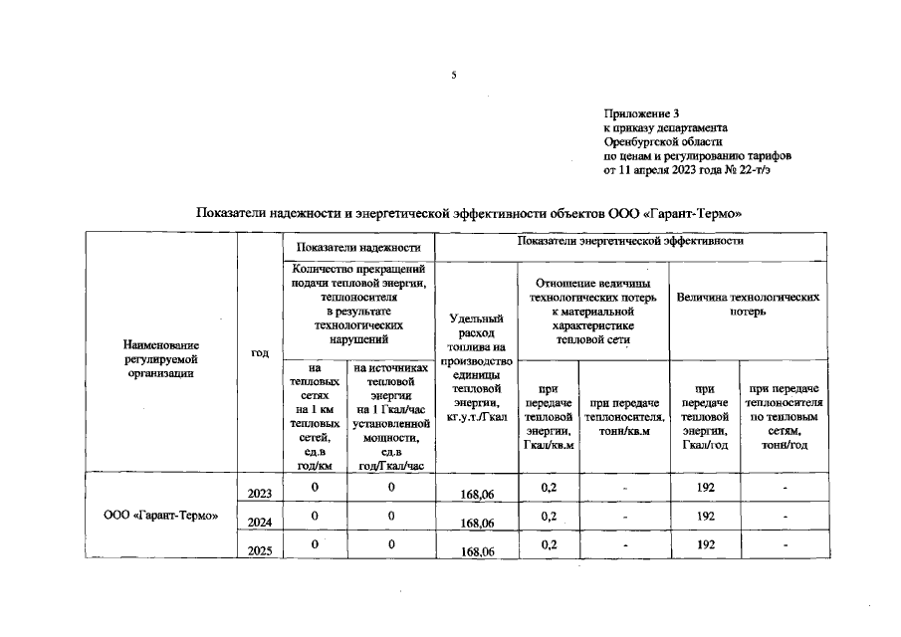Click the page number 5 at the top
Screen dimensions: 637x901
click(453, 76)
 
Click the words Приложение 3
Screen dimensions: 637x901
click(642, 115)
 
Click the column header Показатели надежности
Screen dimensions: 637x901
click(357, 247)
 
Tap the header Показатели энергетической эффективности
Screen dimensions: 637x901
click(630, 242)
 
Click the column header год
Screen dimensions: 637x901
click(260, 352)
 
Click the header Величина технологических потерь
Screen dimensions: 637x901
click(748, 304)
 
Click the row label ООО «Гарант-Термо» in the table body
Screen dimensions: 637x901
click(161, 516)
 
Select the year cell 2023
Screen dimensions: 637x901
click(260, 493)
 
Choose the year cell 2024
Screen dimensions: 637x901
click(260, 522)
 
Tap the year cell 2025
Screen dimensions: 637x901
click(260, 550)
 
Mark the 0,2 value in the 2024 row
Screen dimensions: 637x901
click(548, 517)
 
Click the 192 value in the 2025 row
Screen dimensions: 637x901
click(706, 545)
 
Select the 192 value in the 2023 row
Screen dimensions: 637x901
click(706, 488)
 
